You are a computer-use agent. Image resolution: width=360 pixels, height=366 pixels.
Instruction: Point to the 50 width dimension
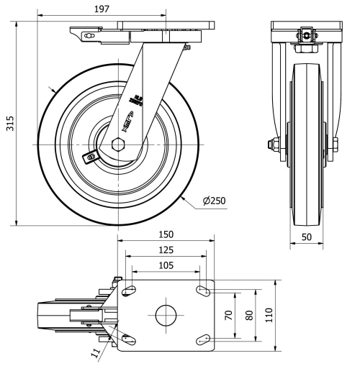pyautogui.click(x=307, y=236)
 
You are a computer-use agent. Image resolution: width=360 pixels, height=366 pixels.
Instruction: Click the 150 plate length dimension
pyautogui.click(x=166, y=235)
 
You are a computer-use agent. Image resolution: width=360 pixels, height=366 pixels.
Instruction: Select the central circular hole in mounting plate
pyautogui.click(x=166, y=315)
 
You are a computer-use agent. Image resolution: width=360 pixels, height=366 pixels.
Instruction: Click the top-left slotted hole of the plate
pyautogui.click(x=130, y=291)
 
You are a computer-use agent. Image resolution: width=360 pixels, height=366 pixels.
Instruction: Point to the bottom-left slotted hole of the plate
pyautogui.click(x=130, y=338)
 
